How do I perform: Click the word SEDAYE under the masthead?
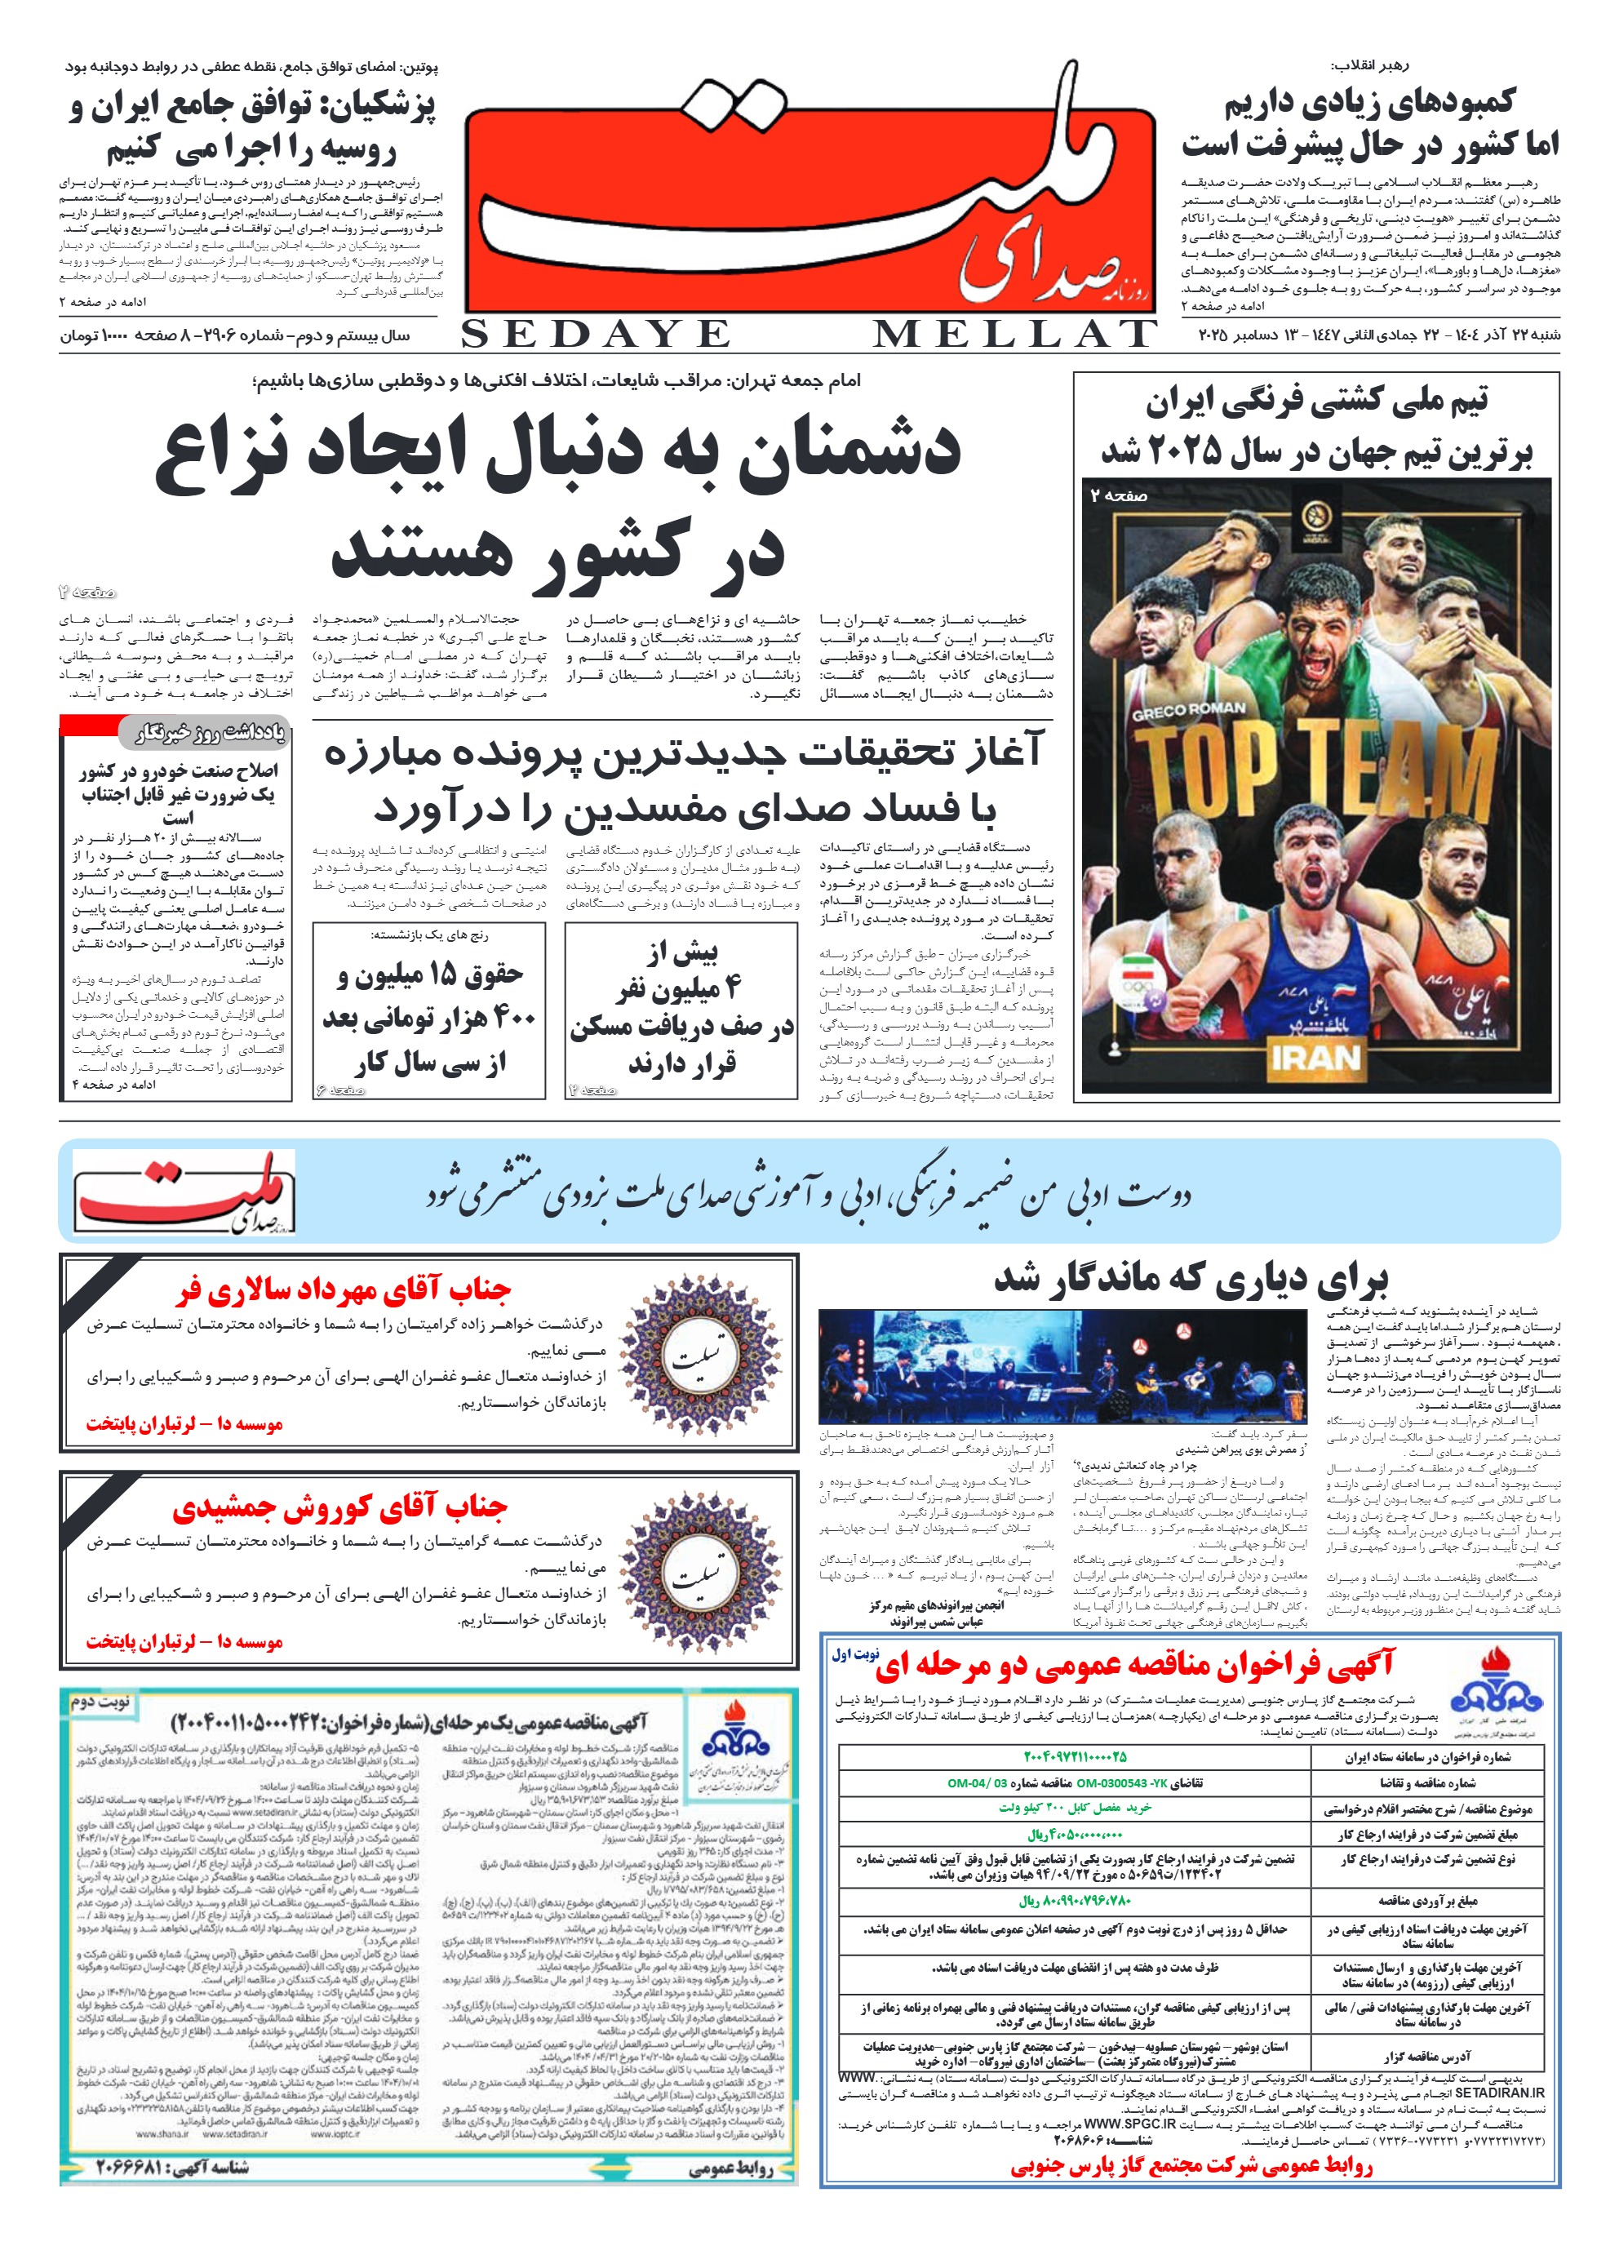[595, 335]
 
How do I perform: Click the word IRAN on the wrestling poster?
[1315, 1059]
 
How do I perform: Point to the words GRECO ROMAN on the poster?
[1188, 710]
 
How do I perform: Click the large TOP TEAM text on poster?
[1315, 783]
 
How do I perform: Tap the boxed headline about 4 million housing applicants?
[681, 1008]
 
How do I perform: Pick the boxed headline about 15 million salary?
[428, 1018]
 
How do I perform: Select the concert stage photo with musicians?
[1062, 1365]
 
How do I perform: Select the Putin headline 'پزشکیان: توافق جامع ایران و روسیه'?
[252, 127]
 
